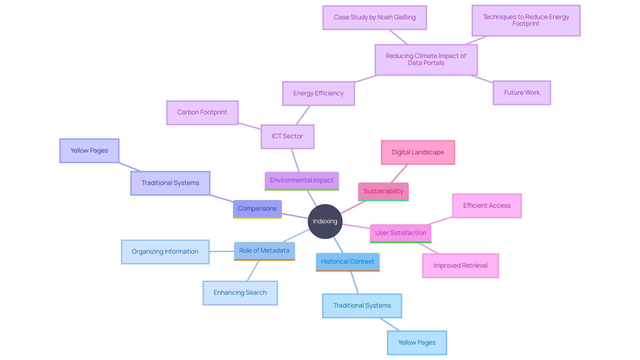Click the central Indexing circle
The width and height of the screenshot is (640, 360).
point(325,221)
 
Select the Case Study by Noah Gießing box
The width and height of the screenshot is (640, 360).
point(374,17)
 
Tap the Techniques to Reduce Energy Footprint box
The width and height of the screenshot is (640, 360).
point(526,20)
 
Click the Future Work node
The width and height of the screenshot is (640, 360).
point(522,93)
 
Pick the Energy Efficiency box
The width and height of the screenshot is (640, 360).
point(318,93)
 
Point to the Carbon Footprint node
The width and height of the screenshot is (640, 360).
point(202,112)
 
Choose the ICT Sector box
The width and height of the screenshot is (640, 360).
point(287,136)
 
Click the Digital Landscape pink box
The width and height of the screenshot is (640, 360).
point(418,152)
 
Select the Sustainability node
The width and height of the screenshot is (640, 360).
point(383,191)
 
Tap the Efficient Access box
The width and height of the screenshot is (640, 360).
point(487,206)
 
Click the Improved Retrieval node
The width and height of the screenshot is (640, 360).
point(460,266)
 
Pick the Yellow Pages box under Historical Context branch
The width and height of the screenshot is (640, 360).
point(417,343)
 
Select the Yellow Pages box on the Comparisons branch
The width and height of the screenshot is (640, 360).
point(89,151)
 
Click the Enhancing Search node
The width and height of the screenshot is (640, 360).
point(240,293)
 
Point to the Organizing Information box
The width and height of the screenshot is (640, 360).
point(165,252)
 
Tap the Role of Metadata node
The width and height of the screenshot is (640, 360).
point(264,251)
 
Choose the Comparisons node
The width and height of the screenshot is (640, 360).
point(257,209)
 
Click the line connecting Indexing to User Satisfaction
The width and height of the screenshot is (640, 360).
point(356,226)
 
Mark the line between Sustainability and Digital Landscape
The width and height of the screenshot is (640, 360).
point(399,174)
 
